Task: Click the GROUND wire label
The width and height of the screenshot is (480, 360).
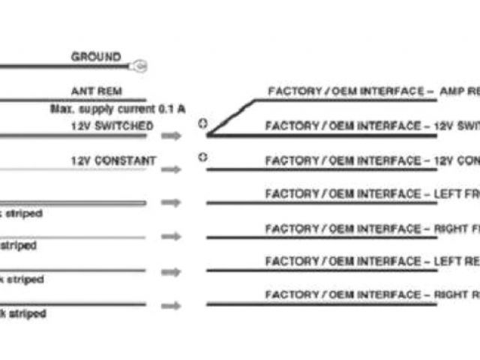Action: [95, 57]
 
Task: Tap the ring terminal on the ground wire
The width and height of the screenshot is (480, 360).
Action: [139, 67]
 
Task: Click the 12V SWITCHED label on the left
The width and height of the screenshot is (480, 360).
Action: [112, 126]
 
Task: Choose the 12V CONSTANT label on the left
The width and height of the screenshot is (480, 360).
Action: [113, 160]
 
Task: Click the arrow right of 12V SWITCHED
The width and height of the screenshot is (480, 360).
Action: [171, 136]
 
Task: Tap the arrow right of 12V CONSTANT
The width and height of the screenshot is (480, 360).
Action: [171, 169]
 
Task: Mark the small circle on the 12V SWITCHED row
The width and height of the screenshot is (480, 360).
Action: [202, 123]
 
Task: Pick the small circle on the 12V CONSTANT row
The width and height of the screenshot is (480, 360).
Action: [202, 157]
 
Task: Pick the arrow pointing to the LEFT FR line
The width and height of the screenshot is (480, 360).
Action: [171, 202]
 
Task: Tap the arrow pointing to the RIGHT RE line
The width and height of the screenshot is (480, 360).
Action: [171, 305]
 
